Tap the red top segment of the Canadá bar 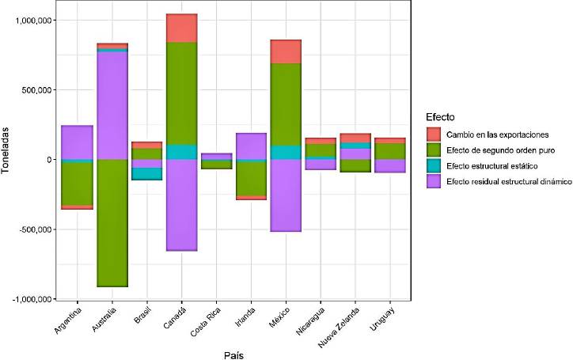pyautogui.click(x=182, y=28)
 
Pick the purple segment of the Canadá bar pyautogui.click(x=182, y=205)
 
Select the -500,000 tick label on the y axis pyautogui.click(x=32, y=229)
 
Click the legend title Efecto pyautogui.click(x=439, y=117)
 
